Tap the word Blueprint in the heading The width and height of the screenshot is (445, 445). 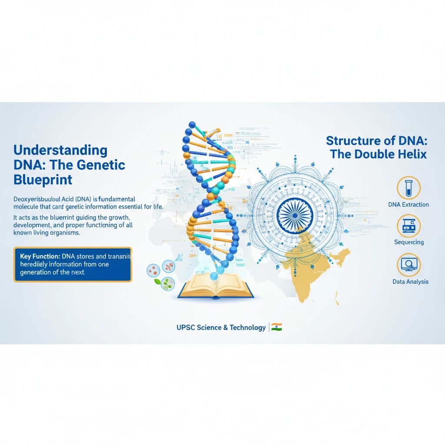coord(43,179)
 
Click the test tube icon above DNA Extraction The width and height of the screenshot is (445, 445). coord(408,187)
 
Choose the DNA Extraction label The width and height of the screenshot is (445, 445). coord(408,204)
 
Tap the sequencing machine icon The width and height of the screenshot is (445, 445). coord(408,225)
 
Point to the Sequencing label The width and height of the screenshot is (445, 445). coord(408,242)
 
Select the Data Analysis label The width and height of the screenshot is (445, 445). coord(410,282)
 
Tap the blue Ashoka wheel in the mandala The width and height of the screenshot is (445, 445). coord(295,213)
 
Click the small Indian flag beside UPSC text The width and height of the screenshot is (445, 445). coord(277,327)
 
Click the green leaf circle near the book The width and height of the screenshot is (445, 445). coord(166,283)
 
